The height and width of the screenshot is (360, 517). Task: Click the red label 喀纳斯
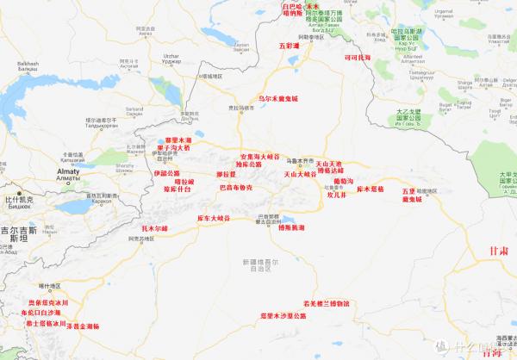point(294,14)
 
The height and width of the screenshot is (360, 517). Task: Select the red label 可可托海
point(357,58)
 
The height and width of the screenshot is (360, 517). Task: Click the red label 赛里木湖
point(180,140)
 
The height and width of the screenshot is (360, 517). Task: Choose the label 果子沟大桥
point(180,149)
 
